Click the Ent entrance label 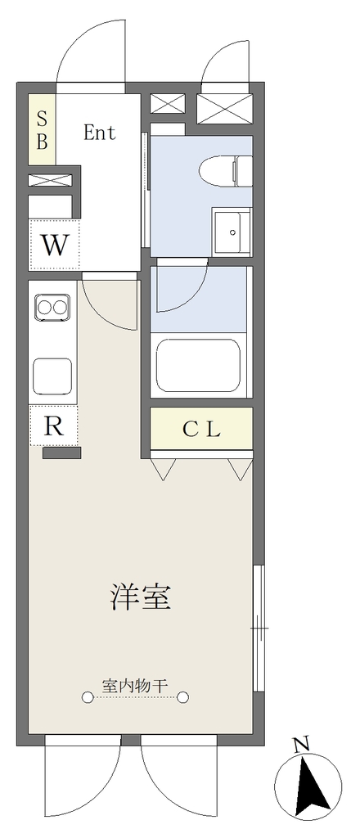pyautogui.click(x=99, y=133)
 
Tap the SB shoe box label pyautogui.click(x=42, y=128)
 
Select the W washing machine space pyautogui.click(x=54, y=245)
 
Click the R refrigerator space pyautogui.click(x=53, y=426)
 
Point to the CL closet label pyautogui.click(x=201, y=429)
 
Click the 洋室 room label pyautogui.click(x=141, y=597)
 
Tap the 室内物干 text pyautogui.click(x=135, y=685)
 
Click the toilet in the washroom pyautogui.click(x=225, y=171)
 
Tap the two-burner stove pyautogui.click(x=52, y=308)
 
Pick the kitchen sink pyautogui.click(x=52, y=376)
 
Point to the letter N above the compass pyautogui.click(x=302, y=743)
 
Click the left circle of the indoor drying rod pyautogui.click(x=87, y=697)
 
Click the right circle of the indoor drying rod pyautogui.click(x=183, y=697)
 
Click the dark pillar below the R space pyautogui.click(x=62, y=453)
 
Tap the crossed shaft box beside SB pyautogui.click(x=50, y=180)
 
